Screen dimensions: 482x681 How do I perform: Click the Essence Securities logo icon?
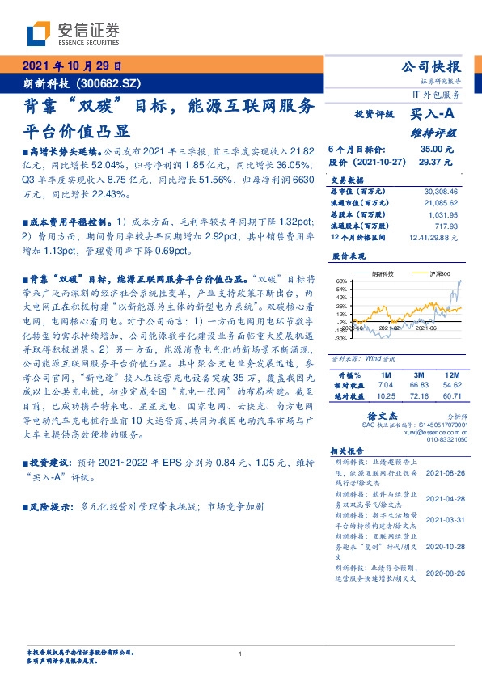click(38, 34)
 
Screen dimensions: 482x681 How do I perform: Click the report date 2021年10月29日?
click(70, 66)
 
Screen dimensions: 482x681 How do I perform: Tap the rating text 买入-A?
click(435, 115)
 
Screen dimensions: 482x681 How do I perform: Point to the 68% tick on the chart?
click(340, 281)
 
